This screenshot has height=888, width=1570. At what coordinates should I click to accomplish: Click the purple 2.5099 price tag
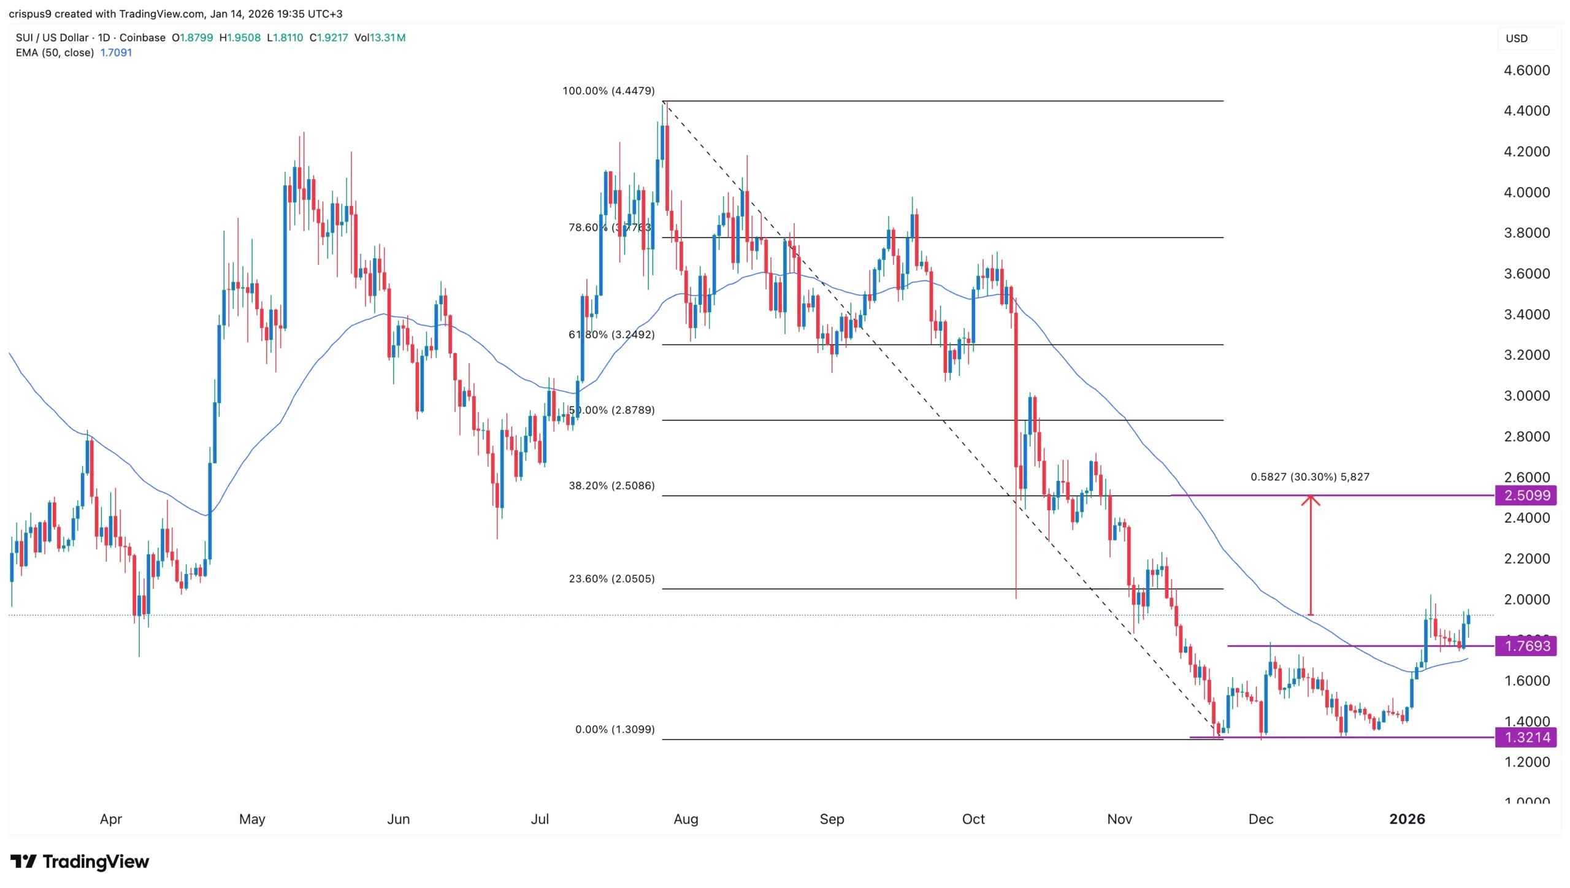[x=1526, y=495]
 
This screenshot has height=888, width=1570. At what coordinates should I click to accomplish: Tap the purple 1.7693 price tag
[x=1526, y=646]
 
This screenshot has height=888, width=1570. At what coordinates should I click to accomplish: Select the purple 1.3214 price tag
[x=1526, y=737]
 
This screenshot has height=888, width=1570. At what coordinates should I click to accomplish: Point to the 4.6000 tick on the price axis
[x=1526, y=71]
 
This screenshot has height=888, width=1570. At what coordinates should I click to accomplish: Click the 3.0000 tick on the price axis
[x=1526, y=396]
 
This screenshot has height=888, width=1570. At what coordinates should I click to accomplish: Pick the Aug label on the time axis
[x=686, y=819]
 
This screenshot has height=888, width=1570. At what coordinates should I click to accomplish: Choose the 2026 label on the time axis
[x=1407, y=819]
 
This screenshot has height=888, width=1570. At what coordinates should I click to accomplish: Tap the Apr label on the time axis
[x=111, y=819]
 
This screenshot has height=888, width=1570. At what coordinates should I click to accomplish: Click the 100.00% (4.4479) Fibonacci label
[x=608, y=91]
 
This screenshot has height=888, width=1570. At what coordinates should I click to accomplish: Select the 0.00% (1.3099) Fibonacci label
[x=615, y=729]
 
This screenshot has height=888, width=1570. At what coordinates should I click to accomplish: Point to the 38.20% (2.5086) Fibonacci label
[x=611, y=486]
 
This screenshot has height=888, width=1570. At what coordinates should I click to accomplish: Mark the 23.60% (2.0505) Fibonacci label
[x=611, y=578]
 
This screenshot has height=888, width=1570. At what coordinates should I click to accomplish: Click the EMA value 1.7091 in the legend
[x=116, y=53]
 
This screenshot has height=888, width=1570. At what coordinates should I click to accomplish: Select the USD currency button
[x=1517, y=38]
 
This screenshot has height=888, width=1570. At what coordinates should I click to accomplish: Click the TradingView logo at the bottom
[x=80, y=862]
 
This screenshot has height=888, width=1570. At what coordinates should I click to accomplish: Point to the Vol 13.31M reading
[x=380, y=37]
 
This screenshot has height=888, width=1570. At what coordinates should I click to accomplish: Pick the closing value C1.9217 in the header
[x=329, y=37]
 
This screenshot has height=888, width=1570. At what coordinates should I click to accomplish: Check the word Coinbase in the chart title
[x=142, y=37]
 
